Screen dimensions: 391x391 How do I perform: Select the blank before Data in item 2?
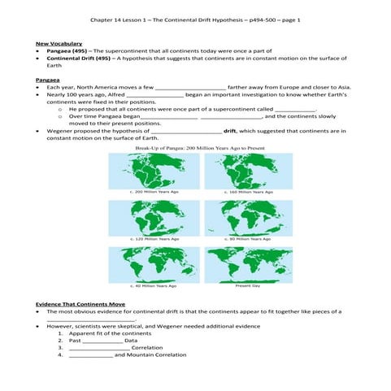[x=102, y=341]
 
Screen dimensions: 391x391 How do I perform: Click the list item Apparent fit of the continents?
[x=111, y=333]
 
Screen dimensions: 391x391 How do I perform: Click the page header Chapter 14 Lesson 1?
[x=195, y=19]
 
